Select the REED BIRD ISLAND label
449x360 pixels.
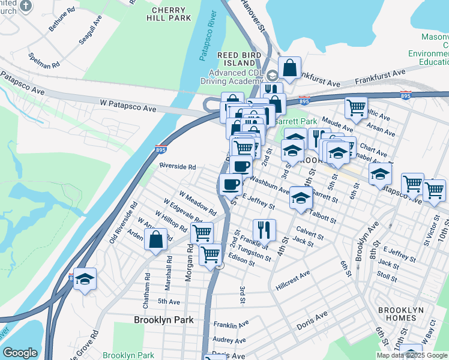click(x=236, y=58)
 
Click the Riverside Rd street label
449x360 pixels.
click(x=178, y=166)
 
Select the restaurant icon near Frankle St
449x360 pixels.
click(x=264, y=229)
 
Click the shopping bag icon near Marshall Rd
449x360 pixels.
click(x=156, y=239)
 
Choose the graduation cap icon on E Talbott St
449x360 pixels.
click(x=300, y=197)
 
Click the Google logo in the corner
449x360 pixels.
click(x=20, y=353)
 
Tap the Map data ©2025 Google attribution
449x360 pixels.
click(x=411, y=355)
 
